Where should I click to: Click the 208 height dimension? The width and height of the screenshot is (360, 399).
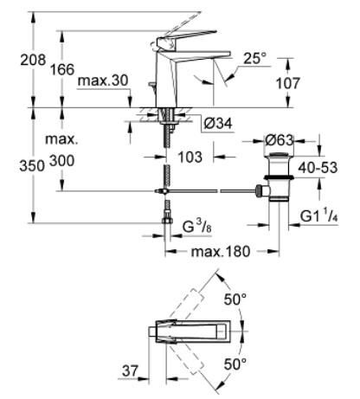(x=33, y=60)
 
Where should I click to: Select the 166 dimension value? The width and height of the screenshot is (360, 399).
(x=62, y=69)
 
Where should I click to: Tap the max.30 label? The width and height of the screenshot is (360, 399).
(x=103, y=80)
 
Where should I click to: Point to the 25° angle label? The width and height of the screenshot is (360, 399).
(x=255, y=58)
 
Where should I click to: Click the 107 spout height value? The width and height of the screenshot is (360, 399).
(x=288, y=83)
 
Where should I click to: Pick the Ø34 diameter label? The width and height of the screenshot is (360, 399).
(x=218, y=124)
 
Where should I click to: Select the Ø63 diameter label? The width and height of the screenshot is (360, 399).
(x=280, y=140)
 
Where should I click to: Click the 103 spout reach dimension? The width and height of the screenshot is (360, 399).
(x=190, y=158)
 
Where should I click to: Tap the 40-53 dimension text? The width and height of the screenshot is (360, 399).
(x=318, y=168)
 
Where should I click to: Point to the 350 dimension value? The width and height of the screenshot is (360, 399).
(x=32, y=166)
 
